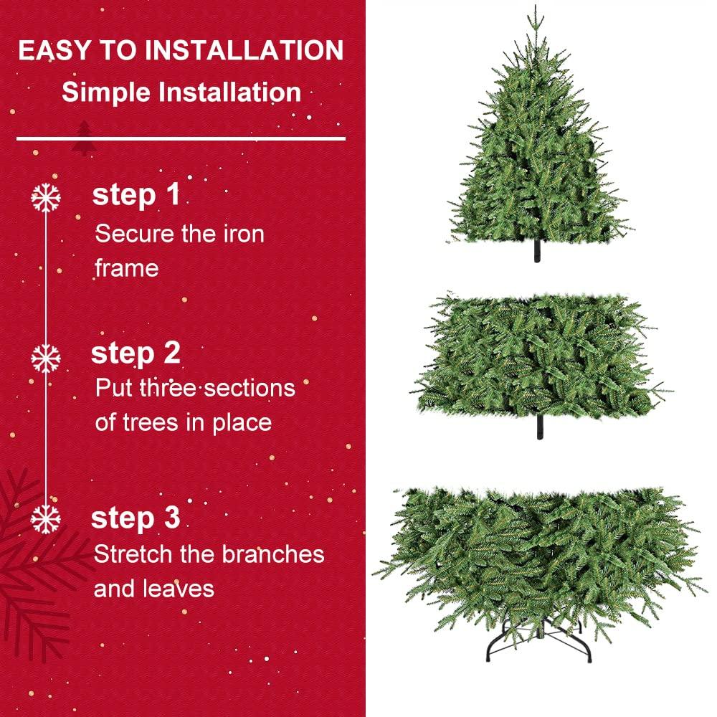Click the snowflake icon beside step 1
tap(47, 198)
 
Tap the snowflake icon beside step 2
tap(47, 357)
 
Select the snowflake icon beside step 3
tap(47, 518)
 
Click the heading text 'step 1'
tap(136, 195)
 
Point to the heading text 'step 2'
tap(136, 353)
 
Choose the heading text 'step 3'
tap(136, 518)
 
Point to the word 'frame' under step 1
tap(126, 268)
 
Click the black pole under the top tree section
tap(536, 252)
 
